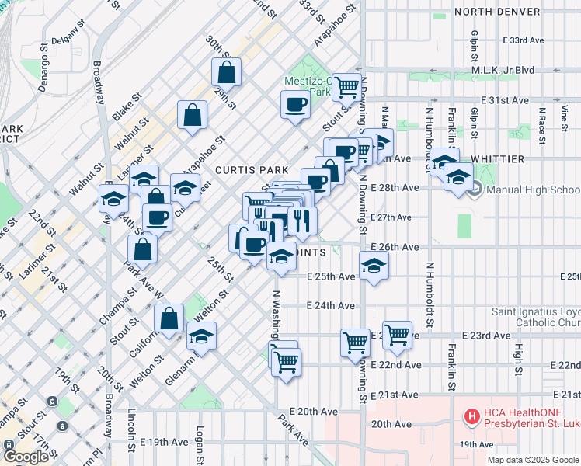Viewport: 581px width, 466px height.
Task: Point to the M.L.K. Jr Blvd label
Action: [503, 70]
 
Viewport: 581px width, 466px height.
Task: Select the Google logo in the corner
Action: [26, 457]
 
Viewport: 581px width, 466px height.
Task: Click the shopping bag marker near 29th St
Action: [226, 73]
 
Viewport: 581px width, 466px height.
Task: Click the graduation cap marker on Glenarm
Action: [201, 336]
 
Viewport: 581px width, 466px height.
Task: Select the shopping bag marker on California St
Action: [169, 318]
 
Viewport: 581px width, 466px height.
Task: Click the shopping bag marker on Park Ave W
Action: [142, 249]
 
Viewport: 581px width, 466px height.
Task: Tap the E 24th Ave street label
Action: [331, 306]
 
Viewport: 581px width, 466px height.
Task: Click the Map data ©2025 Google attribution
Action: [534, 460]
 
